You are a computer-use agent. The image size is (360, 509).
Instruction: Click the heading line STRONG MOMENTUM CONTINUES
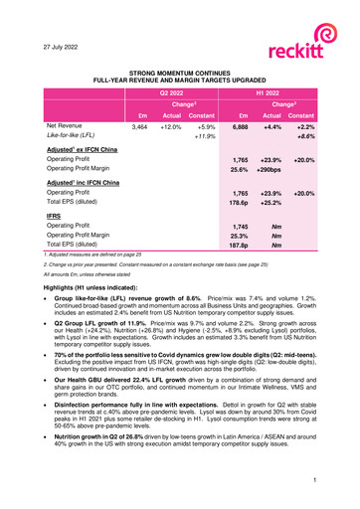pyautogui.click(x=181, y=73)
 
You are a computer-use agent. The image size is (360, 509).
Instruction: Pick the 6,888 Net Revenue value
pyautogui.click(x=239, y=128)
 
